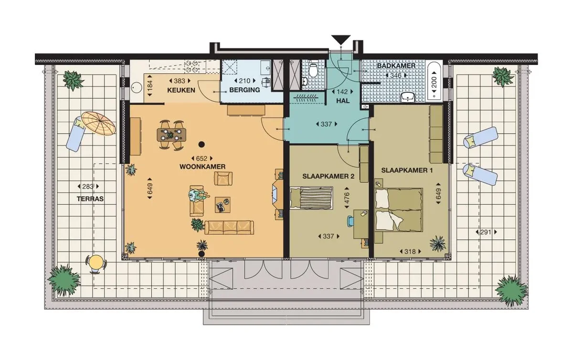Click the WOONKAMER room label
tap(202, 167)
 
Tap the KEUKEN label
tap(181, 90)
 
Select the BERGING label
tap(244, 90)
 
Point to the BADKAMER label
tap(396, 66)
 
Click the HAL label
tap(343, 101)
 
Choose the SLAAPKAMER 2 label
tap(329, 176)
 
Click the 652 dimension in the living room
tap(201, 158)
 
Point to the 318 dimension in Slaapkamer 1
tap(410, 251)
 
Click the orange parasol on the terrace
tap(98, 124)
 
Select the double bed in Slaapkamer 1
tap(399, 209)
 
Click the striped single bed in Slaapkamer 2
tap(311, 198)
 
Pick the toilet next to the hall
tap(313, 72)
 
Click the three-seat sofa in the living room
tap(229, 227)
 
